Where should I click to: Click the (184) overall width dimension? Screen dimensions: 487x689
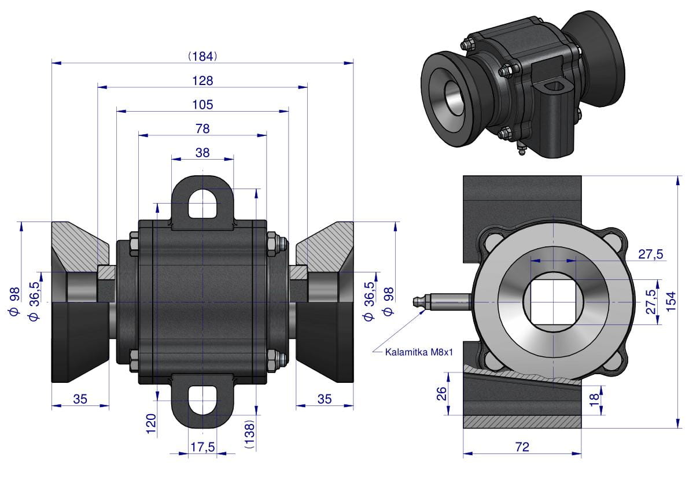202,56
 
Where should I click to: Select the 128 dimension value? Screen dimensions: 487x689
202,80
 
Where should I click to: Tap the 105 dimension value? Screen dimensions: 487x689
202,105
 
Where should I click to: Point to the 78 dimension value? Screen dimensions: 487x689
202,128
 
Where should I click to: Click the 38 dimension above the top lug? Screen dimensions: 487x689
202,153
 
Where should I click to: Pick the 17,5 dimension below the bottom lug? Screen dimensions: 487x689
202,447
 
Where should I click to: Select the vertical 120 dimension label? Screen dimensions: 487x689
152,424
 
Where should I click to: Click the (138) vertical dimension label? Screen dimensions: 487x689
249,434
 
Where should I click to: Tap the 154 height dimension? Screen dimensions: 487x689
671,301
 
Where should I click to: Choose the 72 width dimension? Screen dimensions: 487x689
522,447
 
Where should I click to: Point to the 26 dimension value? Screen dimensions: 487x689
441,393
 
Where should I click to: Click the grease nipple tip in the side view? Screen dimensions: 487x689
415,301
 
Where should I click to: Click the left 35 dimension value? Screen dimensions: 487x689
80,399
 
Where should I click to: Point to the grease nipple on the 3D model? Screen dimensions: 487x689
520,152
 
